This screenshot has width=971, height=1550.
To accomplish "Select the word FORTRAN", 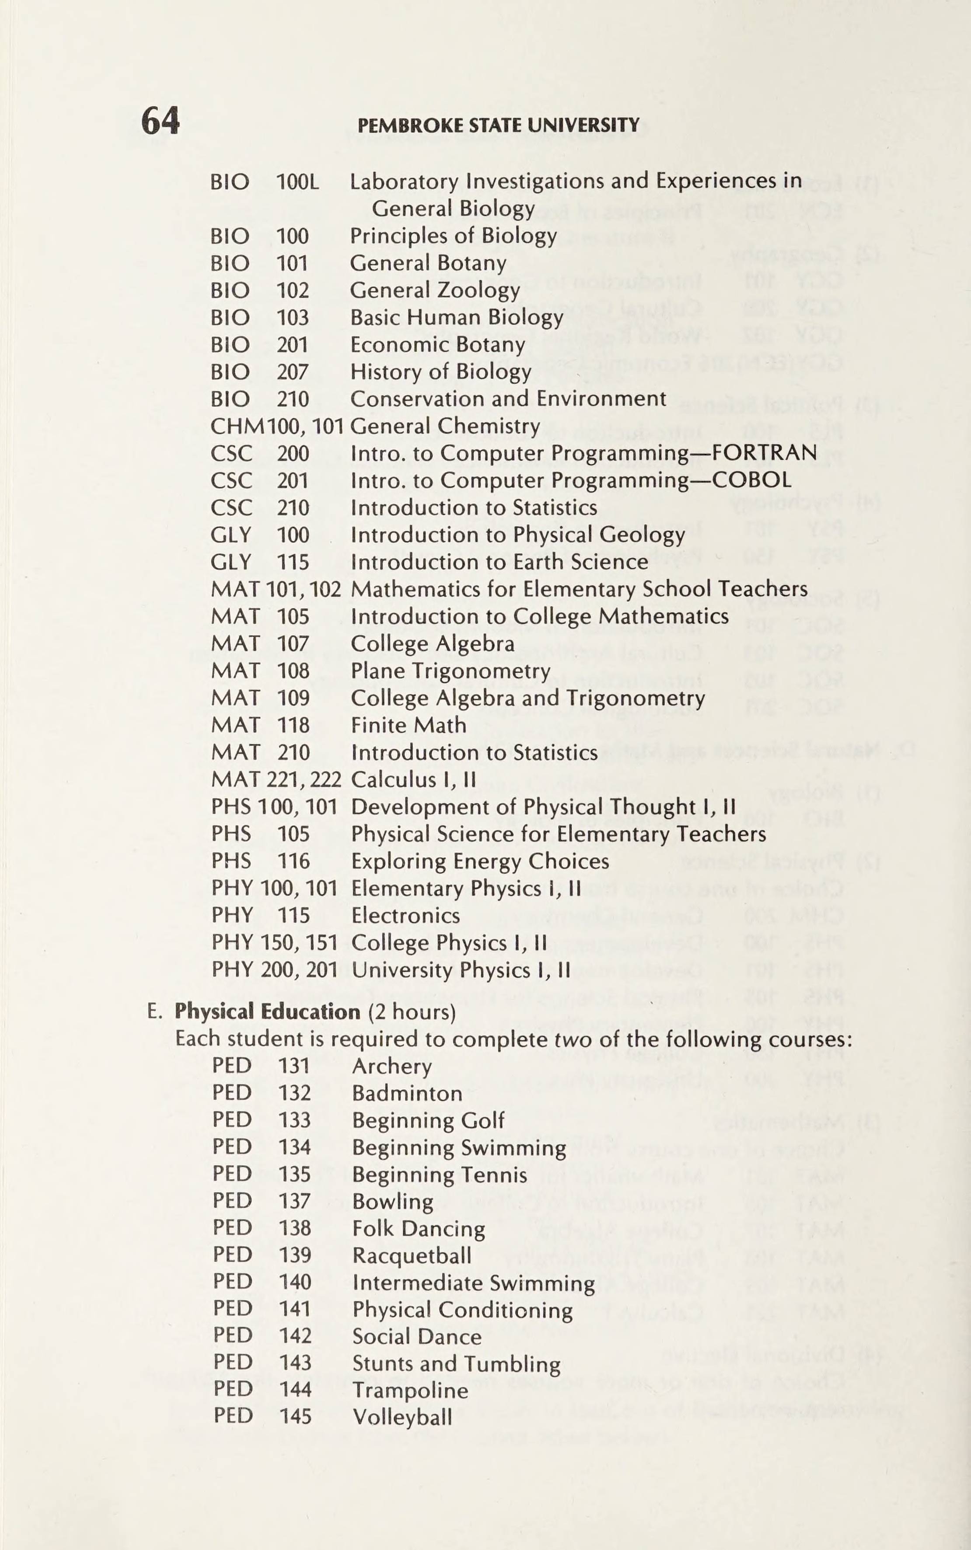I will (x=764, y=453).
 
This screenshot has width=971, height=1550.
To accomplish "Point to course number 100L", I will (x=297, y=182).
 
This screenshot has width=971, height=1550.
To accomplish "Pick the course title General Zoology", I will (x=434, y=291).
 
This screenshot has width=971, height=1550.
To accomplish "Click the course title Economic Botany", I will (x=437, y=345).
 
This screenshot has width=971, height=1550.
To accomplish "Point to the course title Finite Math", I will (x=409, y=725).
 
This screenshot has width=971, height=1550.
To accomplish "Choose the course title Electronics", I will (x=405, y=915).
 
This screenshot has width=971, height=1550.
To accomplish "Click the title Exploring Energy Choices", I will (x=480, y=861).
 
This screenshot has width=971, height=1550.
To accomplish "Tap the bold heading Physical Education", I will (x=267, y=1012).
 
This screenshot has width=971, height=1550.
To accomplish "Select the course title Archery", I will (x=392, y=1066).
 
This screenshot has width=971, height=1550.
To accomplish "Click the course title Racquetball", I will (x=412, y=1255).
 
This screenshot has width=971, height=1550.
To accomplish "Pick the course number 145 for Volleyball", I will (x=295, y=1417).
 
